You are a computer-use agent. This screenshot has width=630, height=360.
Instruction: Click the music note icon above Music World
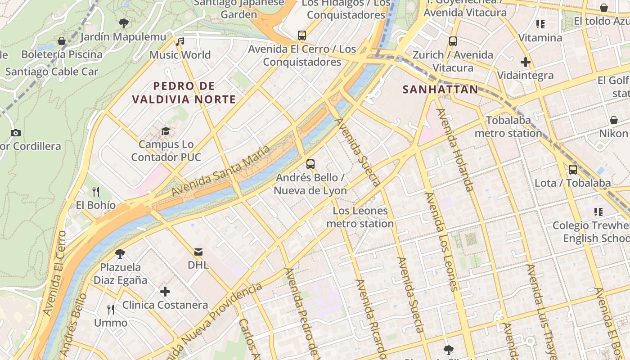click(180, 42)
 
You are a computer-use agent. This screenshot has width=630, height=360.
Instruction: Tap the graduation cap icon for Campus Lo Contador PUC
click(166, 131)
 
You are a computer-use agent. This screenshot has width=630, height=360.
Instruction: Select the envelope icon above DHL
click(198, 252)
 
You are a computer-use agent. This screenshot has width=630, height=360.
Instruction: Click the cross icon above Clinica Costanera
click(165, 292)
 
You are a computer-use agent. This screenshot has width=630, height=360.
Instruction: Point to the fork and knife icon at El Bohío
click(96, 192)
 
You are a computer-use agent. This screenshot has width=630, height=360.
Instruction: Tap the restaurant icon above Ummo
click(111, 309)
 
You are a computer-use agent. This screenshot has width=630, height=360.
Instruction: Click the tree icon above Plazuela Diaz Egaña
click(120, 253)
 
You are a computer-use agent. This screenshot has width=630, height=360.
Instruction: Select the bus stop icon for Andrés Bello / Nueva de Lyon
click(310, 164)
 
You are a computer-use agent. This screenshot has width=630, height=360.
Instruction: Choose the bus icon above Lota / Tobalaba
click(573, 170)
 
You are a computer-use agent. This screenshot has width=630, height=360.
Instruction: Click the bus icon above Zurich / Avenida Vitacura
click(453, 41)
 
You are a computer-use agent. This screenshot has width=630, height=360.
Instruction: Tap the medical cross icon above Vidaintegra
click(525, 62)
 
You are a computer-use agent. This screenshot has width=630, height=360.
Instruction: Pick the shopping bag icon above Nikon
click(613, 120)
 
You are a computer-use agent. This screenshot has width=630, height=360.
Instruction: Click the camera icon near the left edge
click(16, 133)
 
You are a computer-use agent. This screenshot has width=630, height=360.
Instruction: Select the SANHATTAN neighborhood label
click(440, 90)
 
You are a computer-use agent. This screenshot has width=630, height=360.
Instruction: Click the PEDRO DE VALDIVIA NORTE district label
click(184, 93)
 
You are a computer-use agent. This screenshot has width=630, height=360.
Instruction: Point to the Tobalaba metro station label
click(508, 127)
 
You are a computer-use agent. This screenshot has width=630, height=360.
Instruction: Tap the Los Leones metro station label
click(360, 217)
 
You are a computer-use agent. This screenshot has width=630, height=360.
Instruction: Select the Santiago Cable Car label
click(52, 72)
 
